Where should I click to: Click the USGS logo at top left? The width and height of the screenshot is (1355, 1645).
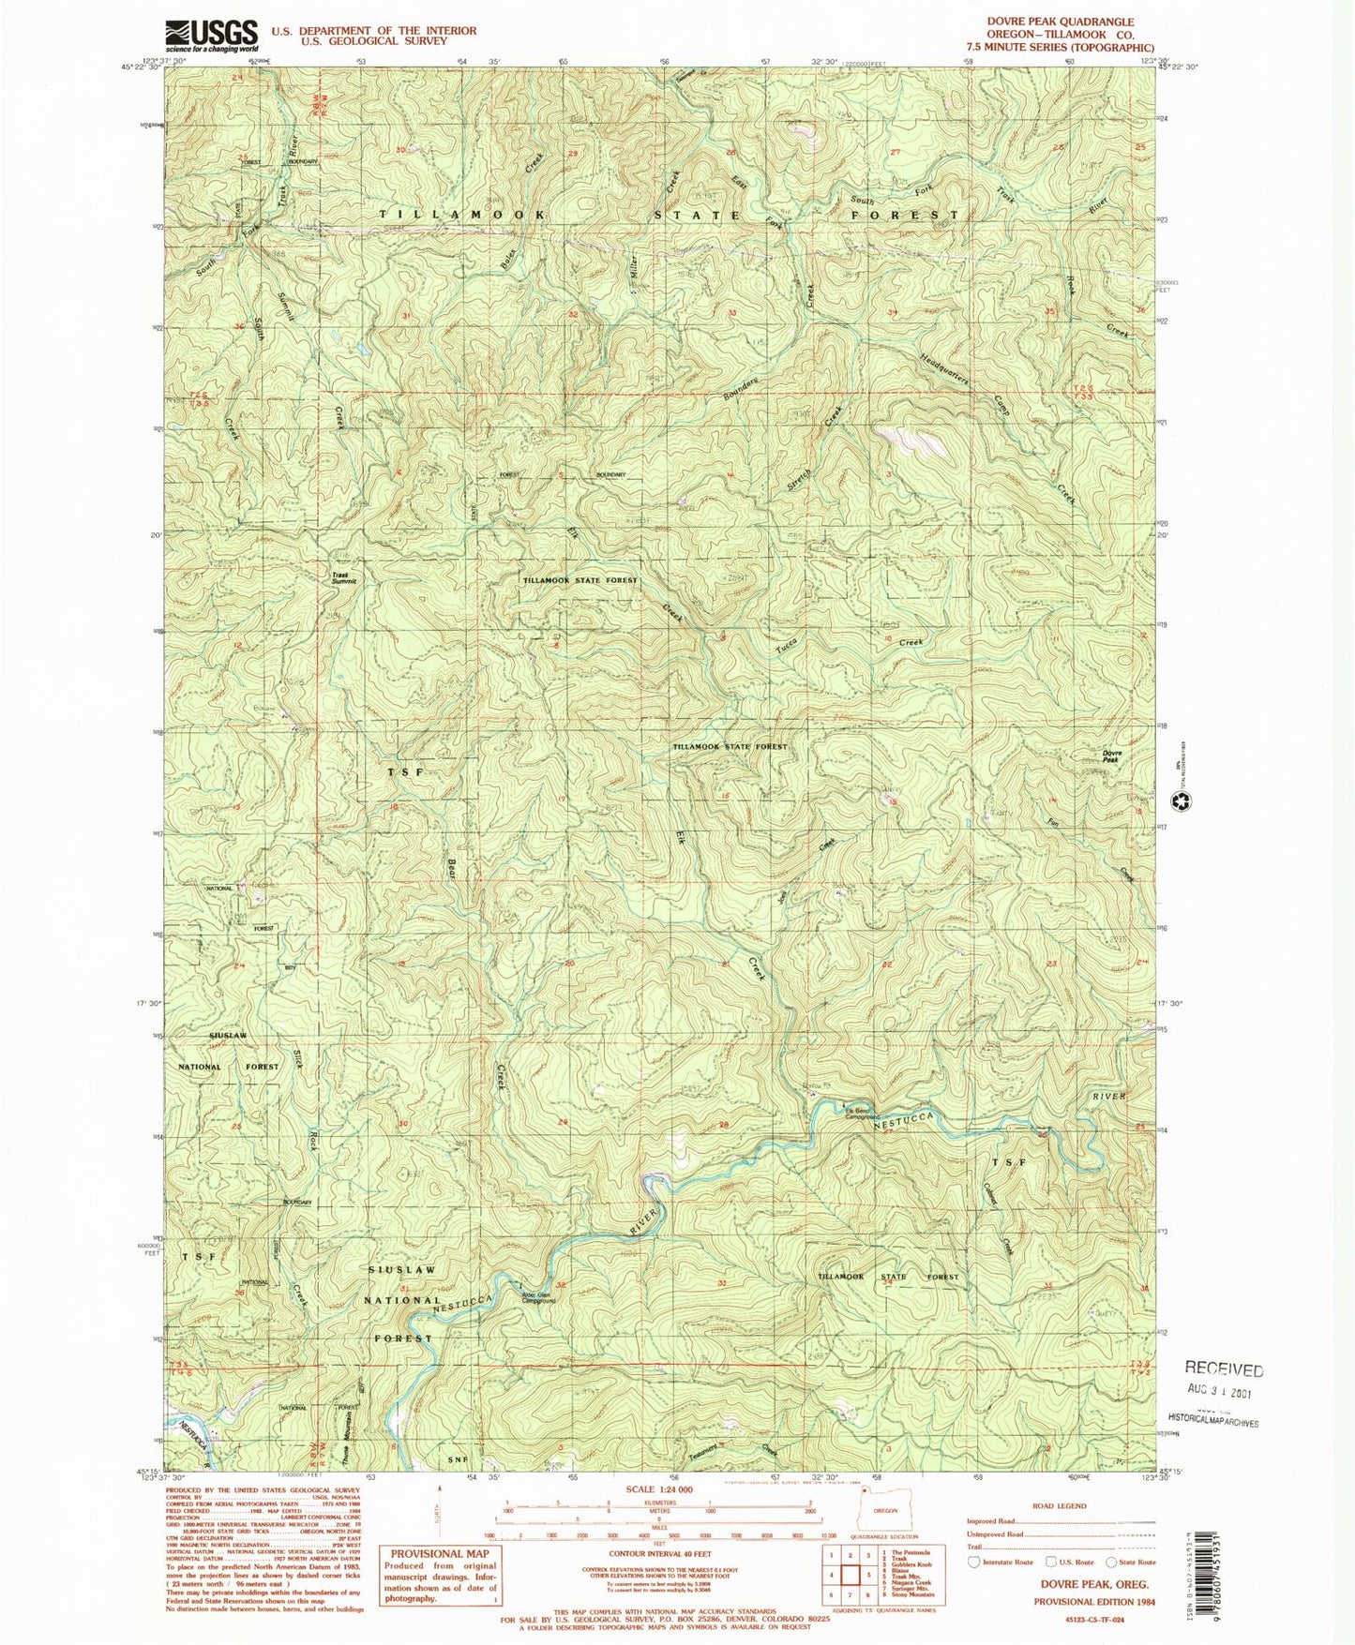pos(211,36)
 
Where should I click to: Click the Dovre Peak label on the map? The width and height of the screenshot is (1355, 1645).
pos(1111,756)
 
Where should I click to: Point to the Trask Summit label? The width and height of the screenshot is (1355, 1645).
pos(343,579)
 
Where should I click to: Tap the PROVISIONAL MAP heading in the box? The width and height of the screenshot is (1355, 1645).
pos(440,1553)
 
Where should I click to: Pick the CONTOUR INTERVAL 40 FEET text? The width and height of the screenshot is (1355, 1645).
pos(660,1553)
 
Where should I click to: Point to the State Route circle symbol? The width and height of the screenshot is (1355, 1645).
pos(1111,1562)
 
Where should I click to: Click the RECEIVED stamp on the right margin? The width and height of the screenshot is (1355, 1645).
pos(1224,1369)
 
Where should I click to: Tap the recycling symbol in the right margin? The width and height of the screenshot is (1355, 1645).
pos(1183,801)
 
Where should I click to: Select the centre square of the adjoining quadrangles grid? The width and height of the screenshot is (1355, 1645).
pos(851,1575)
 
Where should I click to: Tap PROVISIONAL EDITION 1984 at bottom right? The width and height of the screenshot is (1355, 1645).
pos(1094,1602)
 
